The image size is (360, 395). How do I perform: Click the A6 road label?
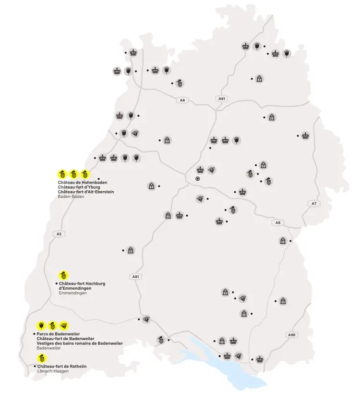coord(181,100)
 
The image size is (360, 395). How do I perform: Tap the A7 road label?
coord(314,204)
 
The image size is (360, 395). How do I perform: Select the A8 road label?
coord(278,222)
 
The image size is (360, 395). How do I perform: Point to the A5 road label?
coord(59,234)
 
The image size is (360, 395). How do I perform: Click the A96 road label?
coord(292,334)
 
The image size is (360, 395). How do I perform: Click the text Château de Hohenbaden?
coord(82,183)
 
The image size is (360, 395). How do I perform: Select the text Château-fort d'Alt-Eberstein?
coord(86,192)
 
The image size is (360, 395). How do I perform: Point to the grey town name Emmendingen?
coord(72,293)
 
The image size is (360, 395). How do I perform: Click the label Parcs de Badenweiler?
coord(58,333)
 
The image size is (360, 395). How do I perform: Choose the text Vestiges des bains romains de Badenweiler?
coord(79,343)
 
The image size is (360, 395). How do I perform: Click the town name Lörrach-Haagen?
coord(53,371)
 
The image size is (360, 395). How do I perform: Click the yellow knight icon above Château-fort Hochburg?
coord(62,275)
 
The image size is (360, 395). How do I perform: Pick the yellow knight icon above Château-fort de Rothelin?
coord(42,358)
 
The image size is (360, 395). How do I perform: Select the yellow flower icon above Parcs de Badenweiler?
coord(41,325)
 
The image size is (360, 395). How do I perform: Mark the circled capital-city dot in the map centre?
coord(197,179)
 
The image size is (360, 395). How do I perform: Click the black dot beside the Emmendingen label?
coord(56,284)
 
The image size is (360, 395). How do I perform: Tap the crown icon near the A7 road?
coord(305,135)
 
